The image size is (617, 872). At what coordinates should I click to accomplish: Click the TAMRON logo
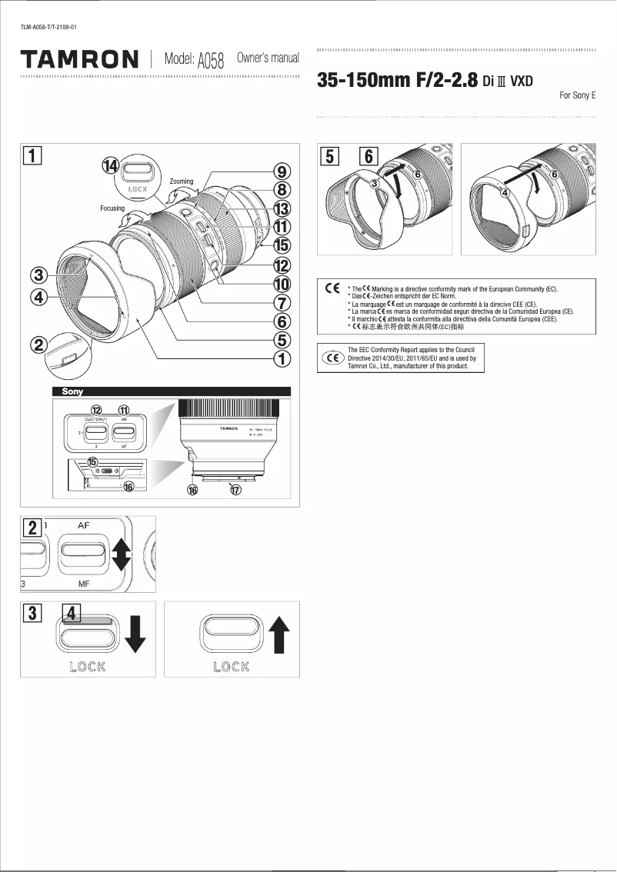(x=79, y=59)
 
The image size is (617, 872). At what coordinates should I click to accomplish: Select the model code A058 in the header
(x=210, y=61)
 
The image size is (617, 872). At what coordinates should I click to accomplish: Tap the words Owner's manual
(x=268, y=58)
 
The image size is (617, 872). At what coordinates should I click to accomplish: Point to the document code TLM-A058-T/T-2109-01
(x=48, y=28)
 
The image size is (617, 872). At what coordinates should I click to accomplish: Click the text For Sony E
(x=577, y=96)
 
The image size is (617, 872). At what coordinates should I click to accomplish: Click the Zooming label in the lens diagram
(x=182, y=181)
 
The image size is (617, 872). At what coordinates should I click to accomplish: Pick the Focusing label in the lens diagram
(x=112, y=208)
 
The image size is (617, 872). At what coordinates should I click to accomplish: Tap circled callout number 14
(x=112, y=165)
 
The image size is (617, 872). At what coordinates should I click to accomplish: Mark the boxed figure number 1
(x=32, y=155)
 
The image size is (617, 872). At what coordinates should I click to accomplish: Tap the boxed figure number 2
(x=32, y=528)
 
